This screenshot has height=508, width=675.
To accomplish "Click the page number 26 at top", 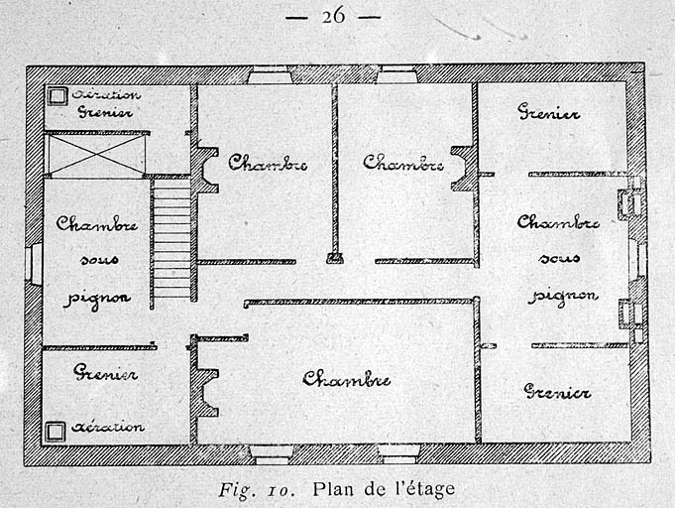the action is [x=334, y=17].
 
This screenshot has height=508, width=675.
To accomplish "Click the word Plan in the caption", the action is [x=334, y=489].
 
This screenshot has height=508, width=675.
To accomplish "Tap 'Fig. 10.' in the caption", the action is [x=257, y=490].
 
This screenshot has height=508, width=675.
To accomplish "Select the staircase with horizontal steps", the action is [x=172, y=238].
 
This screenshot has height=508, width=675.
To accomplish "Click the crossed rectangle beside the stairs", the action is [x=95, y=154].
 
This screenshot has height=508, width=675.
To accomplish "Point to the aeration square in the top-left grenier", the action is [x=56, y=96].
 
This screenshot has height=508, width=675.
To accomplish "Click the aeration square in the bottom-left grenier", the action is [x=56, y=432].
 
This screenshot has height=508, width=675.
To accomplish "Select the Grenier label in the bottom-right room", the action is [x=557, y=392].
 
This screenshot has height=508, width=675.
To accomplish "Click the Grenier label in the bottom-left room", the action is [x=105, y=372].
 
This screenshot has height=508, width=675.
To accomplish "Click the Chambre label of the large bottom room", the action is [x=346, y=379].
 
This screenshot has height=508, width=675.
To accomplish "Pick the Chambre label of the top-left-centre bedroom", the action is [x=268, y=163].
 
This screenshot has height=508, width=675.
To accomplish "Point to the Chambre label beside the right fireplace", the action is [x=403, y=163].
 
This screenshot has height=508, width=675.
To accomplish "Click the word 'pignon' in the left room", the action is [x=97, y=299].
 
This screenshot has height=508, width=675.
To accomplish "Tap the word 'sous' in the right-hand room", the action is [x=558, y=258].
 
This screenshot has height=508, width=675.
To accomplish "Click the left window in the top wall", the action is [x=270, y=74].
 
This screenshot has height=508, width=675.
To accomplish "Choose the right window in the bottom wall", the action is [x=398, y=453].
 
